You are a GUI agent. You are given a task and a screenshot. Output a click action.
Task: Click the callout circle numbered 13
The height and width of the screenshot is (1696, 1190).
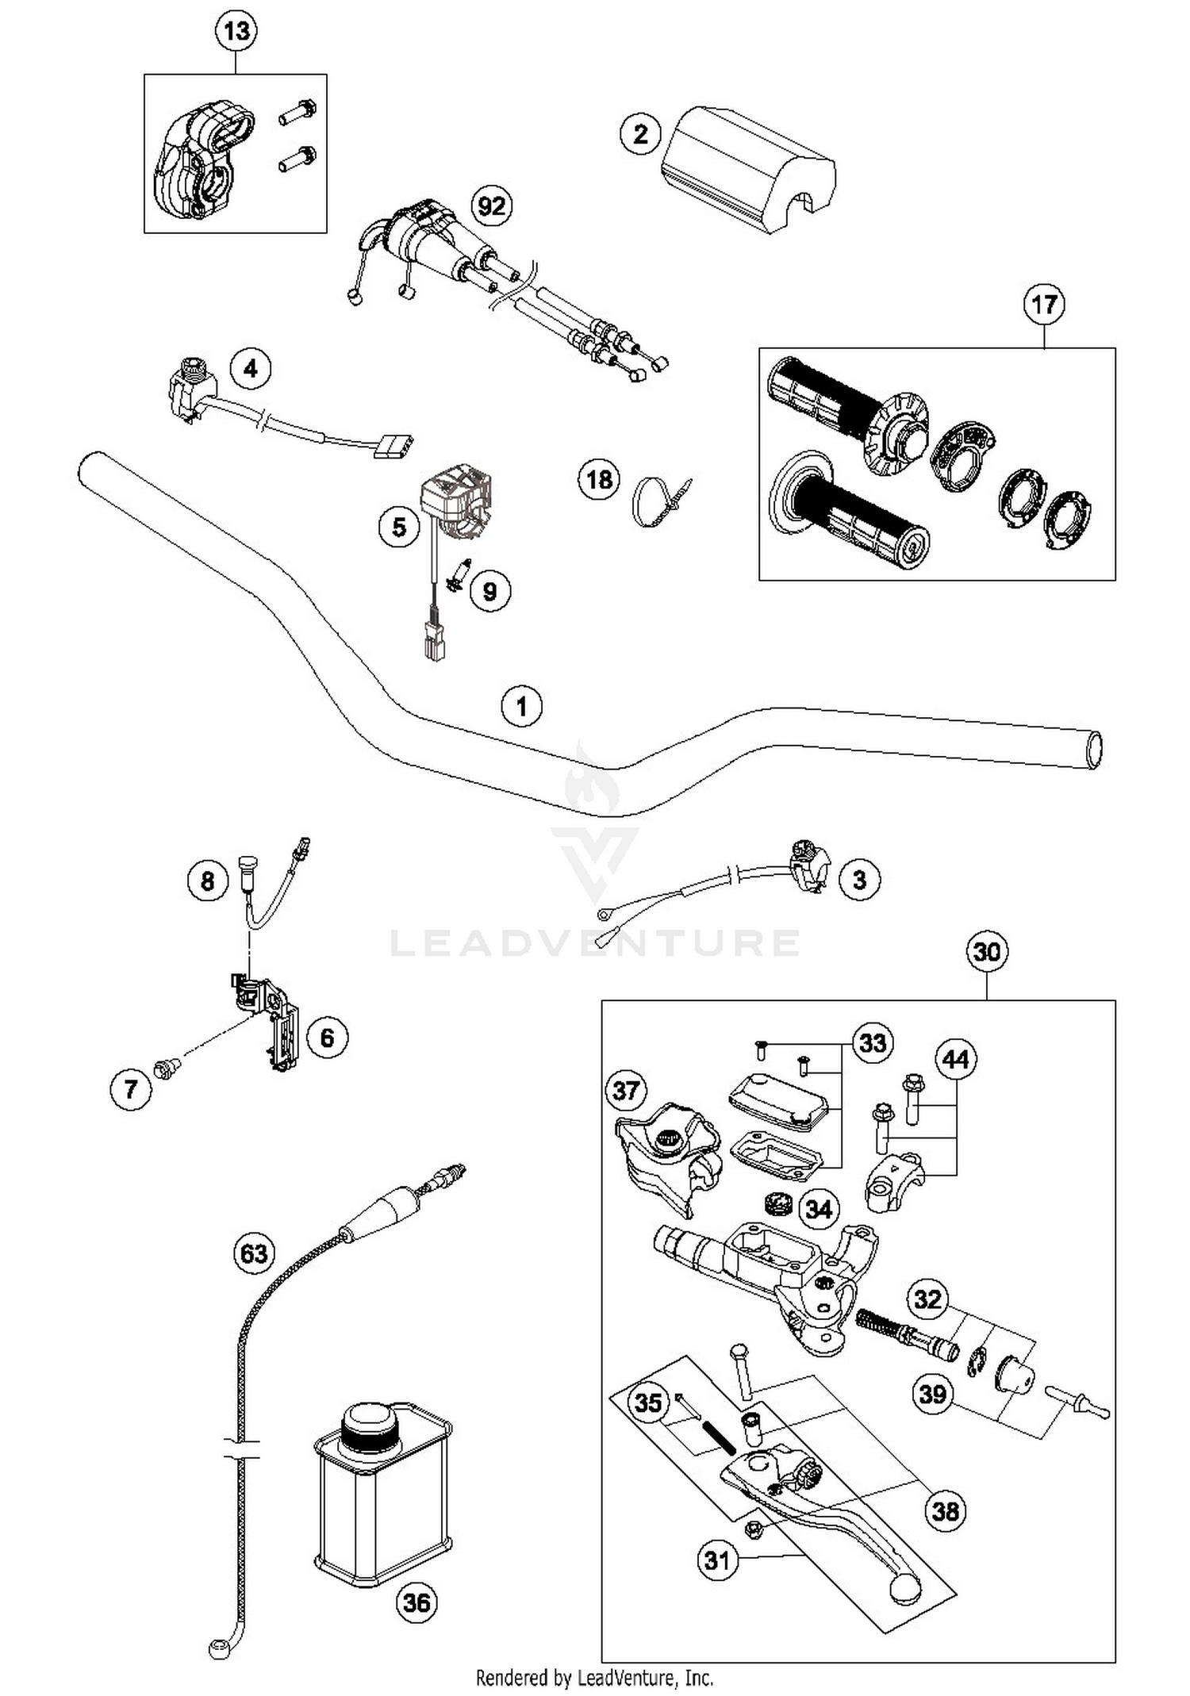(x=236, y=32)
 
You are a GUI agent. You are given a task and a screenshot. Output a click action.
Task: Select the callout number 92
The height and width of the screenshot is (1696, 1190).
(x=491, y=206)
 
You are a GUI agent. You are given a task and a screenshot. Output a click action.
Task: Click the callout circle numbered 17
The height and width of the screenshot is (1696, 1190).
(x=1044, y=305)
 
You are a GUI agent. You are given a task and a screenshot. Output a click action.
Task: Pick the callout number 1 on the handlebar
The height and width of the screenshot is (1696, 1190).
(x=521, y=706)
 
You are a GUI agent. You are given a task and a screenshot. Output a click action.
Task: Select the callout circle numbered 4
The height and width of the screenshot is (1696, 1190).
(x=251, y=369)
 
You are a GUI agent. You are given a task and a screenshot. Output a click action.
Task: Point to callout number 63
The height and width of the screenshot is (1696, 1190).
(x=254, y=1253)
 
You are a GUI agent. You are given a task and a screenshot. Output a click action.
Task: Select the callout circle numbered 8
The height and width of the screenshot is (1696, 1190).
(x=208, y=881)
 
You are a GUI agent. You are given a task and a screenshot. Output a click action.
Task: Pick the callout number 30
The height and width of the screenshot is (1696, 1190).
(x=987, y=951)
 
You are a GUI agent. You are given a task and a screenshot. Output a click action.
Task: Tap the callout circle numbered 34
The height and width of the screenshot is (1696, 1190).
(x=818, y=1209)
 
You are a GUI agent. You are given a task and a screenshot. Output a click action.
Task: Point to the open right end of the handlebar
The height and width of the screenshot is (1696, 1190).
(x=1094, y=749)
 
